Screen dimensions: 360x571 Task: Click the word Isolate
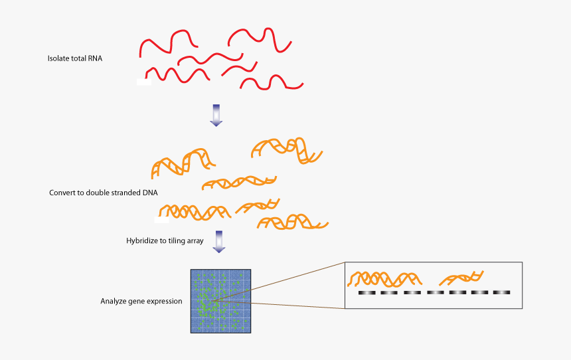pos(58,58)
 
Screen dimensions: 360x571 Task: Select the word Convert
pos(62,193)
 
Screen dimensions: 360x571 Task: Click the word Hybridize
pos(141,240)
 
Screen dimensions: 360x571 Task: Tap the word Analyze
pos(114,301)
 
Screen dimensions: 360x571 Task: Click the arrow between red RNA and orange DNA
pos(216,114)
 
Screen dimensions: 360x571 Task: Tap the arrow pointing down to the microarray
pos(218,242)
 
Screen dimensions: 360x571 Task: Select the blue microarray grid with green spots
pos(220,300)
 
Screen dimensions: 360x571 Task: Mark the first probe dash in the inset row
pos(367,292)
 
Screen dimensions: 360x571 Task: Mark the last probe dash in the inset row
pos(501,292)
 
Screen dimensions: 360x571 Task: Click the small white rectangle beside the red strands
pos(143,82)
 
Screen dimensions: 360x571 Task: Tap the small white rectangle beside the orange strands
pos(161,219)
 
